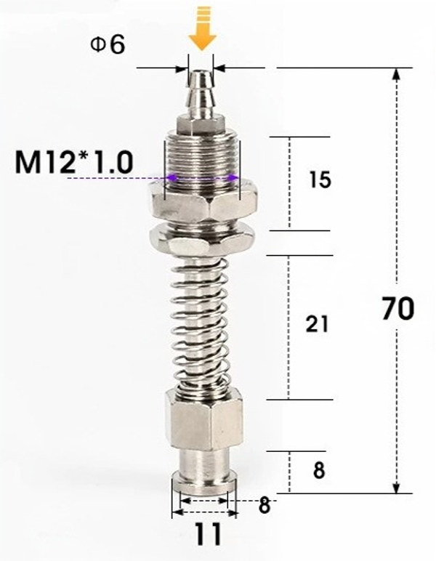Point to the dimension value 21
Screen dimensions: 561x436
click(317, 324)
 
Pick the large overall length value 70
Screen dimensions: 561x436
click(397, 309)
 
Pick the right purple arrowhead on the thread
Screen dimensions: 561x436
click(232, 177)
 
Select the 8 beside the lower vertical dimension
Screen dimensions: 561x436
click(318, 470)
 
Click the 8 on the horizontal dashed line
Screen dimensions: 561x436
click(265, 505)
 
